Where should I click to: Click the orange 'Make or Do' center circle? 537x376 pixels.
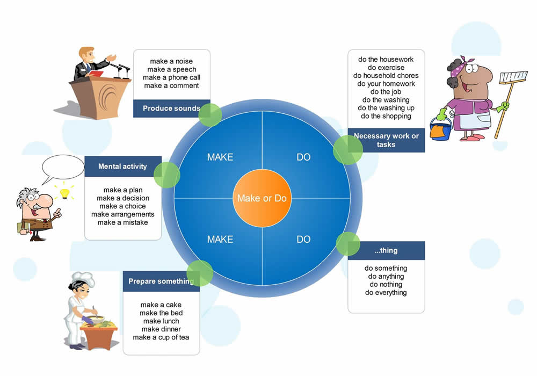click(x=262, y=198)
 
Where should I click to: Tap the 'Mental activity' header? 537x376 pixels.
click(x=122, y=167)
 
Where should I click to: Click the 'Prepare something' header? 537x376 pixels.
click(x=159, y=281)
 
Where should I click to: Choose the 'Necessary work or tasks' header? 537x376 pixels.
click(x=386, y=140)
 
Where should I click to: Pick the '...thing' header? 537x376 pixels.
click(x=386, y=250)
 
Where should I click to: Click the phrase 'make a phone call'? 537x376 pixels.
click(x=171, y=77)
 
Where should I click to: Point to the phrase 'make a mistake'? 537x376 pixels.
click(x=122, y=222)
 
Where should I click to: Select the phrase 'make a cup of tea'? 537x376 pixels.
click(x=161, y=337)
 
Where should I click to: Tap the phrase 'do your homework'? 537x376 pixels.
click(x=386, y=84)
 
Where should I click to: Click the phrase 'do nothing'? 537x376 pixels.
click(x=386, y=285)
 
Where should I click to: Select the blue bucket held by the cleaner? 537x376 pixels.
click(x=440, y=129)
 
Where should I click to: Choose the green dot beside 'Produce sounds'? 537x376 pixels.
click(x=210, y=114)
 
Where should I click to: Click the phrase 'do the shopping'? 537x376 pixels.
click(x=386, y=116)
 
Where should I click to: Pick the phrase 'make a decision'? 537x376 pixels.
click(x=123, y=198)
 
